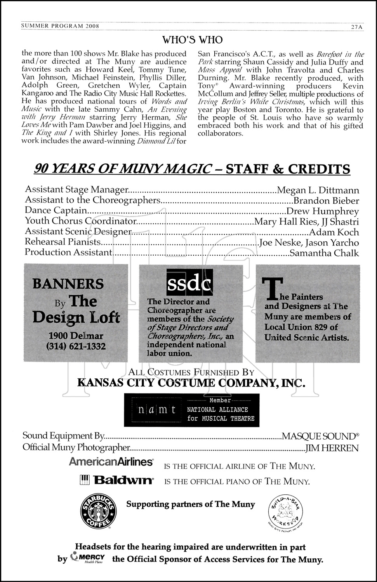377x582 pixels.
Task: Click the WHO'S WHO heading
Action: (x=192, y=40)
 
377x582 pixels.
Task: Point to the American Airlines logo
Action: (x=111, y=462)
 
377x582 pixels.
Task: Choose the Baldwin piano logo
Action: (x=116, y=480)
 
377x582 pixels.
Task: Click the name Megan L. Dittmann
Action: (x=318, y=190)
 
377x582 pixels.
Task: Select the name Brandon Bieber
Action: (x=326, y=201)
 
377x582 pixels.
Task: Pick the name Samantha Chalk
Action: (x=324, y=253)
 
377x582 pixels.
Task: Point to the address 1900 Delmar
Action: (x=76, y=336)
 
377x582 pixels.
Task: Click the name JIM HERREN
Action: (x=332, y=448)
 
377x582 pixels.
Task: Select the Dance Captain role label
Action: (x=56, y=210)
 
